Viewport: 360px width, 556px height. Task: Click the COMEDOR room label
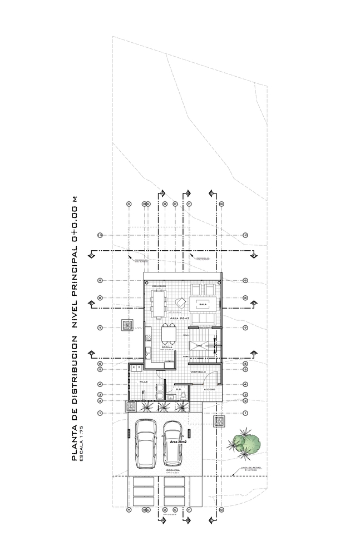coord(159,286)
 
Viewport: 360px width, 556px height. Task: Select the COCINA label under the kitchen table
coord(166,346)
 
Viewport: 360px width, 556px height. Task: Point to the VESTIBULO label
coord(199,371)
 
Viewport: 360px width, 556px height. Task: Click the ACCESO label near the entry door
coord(209,390)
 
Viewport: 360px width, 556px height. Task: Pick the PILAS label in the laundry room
coord(143,382)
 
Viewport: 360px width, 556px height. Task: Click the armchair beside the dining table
coord(180,302)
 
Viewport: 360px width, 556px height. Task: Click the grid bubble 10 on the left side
coord(100,235)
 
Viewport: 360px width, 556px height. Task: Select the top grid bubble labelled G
coord(221,204)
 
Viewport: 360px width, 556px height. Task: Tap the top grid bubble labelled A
coord(129,204)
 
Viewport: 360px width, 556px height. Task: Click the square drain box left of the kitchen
coord(127,325)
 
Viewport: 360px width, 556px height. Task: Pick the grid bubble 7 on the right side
coord(245,328)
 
